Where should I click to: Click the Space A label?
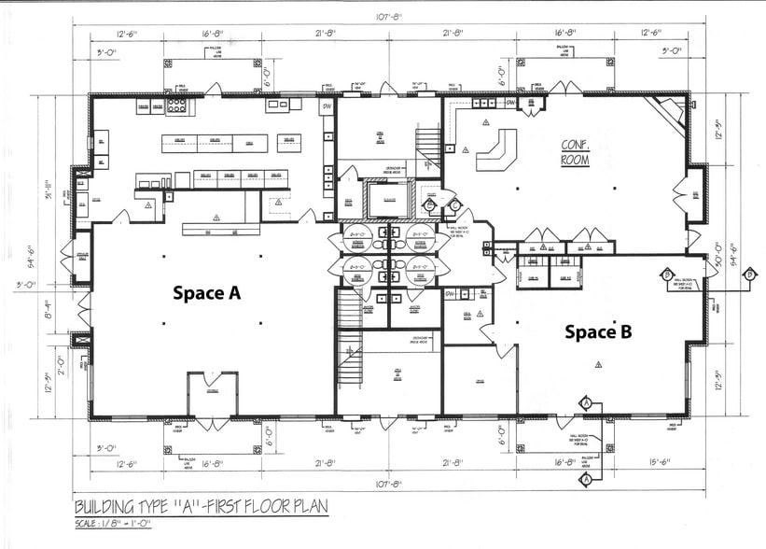point(206,293)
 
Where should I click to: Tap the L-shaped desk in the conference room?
point(497,149)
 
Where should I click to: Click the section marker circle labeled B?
point(668,274)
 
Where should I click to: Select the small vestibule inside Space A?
point(212,394)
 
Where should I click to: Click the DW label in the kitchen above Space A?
point(327,106)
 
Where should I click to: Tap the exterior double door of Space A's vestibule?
point(212,415)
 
